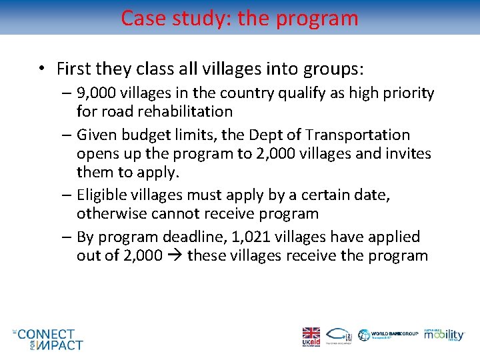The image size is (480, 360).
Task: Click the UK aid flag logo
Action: tap(311, 336)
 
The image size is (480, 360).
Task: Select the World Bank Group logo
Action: tap(389, 335)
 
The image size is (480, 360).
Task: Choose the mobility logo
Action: tap(445, 335)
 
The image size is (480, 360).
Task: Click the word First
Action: tap(74, 69)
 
